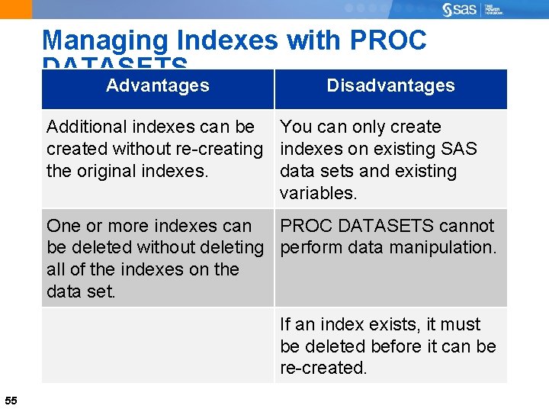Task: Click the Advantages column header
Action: [158, 85]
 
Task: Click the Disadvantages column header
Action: [390, 85]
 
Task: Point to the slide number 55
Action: [11, 401]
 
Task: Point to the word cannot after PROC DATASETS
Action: [467, 226]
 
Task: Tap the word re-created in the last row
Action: [323, 368]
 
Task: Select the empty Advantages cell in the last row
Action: [158, 346]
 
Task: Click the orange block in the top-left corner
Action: [16, 9]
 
